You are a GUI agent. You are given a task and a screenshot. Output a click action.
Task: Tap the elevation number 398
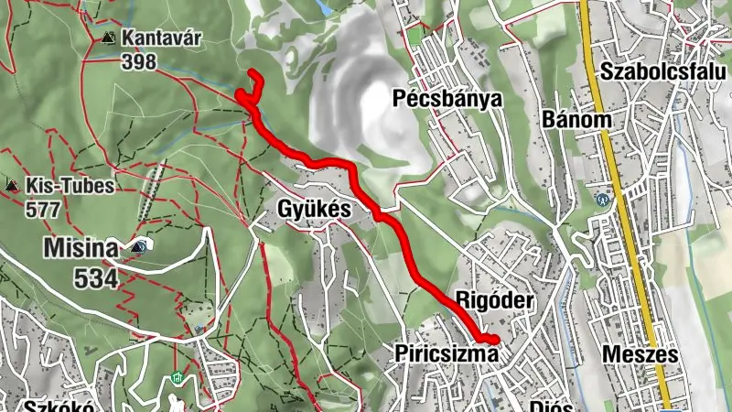pyautogui.click(x=138, y=62)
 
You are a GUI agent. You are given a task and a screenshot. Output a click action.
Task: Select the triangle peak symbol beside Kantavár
pyautogui.click(x=109, y=38)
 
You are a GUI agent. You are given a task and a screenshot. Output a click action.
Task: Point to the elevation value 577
pyautogui.click(x=43, y=210)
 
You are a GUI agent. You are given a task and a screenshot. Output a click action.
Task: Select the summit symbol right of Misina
pyautogui.click(x=139, y=246)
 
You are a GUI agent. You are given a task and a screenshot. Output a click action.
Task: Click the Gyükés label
pyautogui.click(x=314, y=210)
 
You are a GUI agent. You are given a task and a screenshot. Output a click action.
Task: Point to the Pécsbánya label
pyautogui.click(x=447, y=98)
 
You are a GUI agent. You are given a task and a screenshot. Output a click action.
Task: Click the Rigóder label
pyautogui.click(x=492, y=300)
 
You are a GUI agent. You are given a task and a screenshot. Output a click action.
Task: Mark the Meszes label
pyautogui.click(x=640, y=354)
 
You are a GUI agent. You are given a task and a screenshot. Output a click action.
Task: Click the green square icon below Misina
pyautogui.click(x=178, y=379)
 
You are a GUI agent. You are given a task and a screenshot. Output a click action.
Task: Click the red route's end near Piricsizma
pyautogui.click(x=495, y=341)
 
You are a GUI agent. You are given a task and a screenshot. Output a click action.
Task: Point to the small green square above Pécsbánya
pyautogui.click(x=414, y=38)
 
